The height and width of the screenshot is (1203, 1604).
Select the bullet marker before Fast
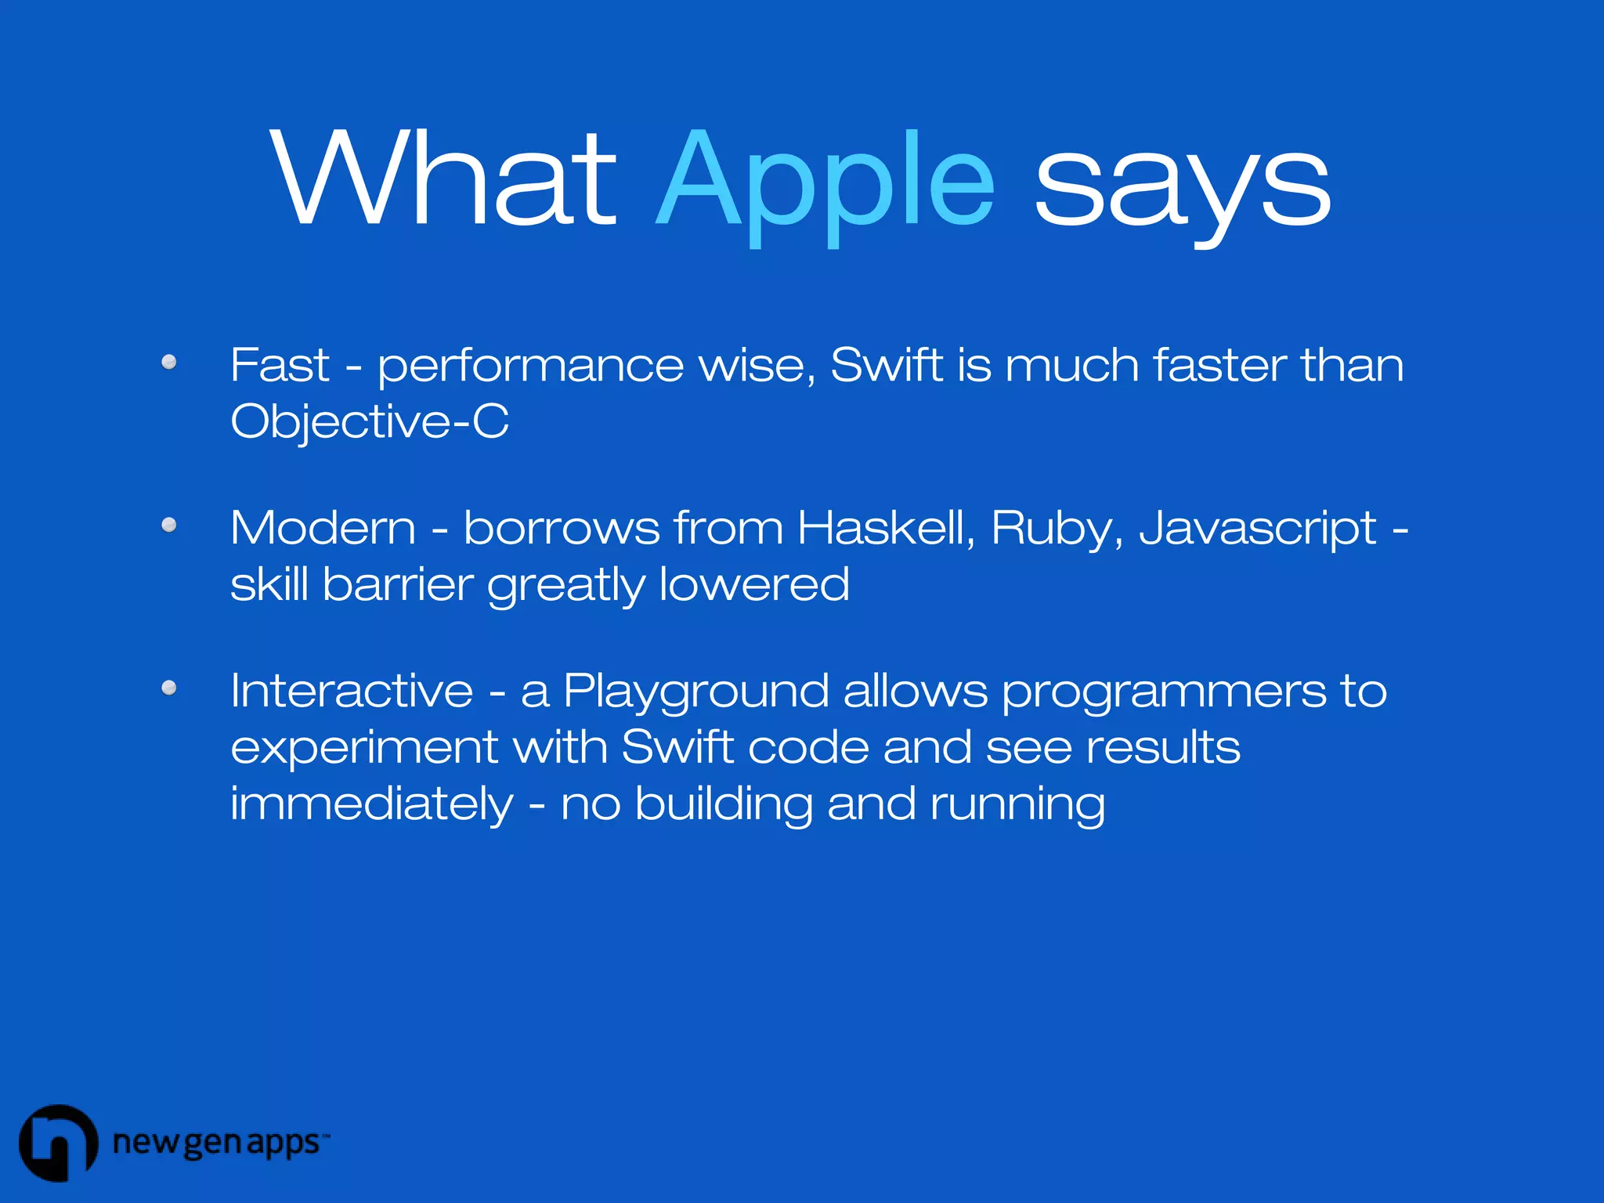click(168, 362)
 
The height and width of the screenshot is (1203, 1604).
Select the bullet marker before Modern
click(168, 525)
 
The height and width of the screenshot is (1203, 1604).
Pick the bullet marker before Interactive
click(168, 688)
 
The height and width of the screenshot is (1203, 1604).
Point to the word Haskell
click(885, 527)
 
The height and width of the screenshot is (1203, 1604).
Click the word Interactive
click(352, 691)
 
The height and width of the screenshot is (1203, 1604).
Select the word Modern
click(323, 527)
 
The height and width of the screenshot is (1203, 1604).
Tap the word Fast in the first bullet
click(280, 365)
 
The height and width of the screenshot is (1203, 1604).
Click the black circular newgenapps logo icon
click(58, 1143)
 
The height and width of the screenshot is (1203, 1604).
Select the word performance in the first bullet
click(530, 367)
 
